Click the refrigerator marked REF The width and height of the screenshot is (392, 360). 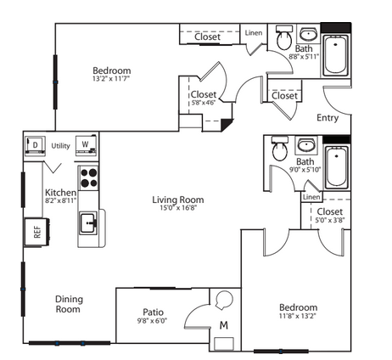36,232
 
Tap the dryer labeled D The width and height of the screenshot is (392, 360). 35,146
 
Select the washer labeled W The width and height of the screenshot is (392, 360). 86,145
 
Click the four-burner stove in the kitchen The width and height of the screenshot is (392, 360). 88,178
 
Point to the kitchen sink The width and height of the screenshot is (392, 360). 88,223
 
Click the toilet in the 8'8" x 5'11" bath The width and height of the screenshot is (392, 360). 284,37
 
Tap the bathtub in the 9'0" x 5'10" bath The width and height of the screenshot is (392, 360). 336,167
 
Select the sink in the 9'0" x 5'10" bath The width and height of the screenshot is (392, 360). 306,145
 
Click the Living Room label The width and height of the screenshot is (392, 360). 178,200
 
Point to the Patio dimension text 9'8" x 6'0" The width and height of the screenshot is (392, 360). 152,321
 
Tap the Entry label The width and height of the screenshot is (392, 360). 328,118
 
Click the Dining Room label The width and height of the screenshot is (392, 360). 69,304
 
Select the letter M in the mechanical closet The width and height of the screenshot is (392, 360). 224,325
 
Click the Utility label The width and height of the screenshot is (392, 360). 60,146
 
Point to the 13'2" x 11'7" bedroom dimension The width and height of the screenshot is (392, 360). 110,78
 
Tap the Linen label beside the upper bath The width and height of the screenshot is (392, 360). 254,33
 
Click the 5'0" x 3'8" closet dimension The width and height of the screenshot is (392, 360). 330,220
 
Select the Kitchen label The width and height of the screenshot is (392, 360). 60,193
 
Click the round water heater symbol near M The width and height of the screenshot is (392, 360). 225,300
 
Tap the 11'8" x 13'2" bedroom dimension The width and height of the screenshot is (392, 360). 297,316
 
